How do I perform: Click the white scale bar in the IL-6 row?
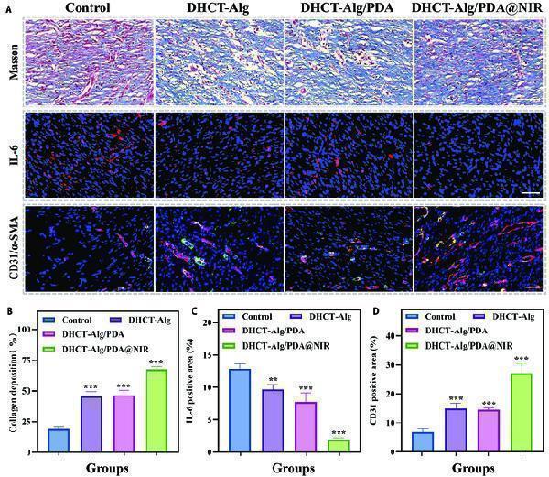[529, 194]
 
